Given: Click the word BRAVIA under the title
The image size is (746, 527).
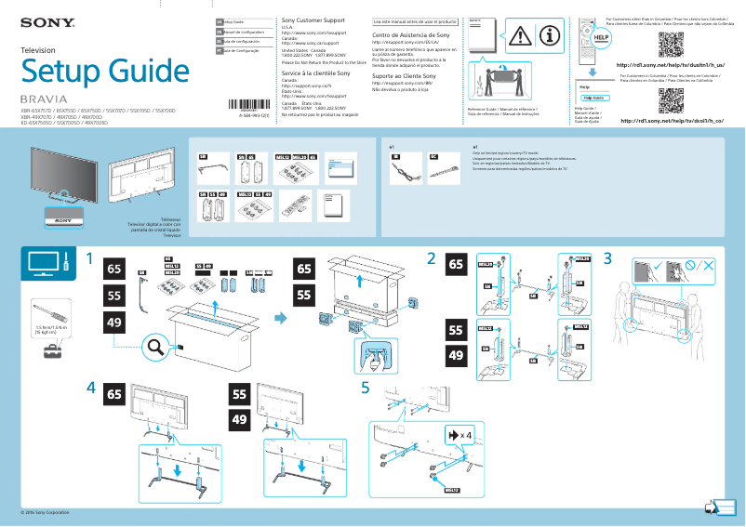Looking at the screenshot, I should pos(44,99).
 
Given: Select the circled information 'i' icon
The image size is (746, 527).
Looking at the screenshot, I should pos(549,35).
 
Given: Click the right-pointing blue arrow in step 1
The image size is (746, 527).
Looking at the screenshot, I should pos(280,320).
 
